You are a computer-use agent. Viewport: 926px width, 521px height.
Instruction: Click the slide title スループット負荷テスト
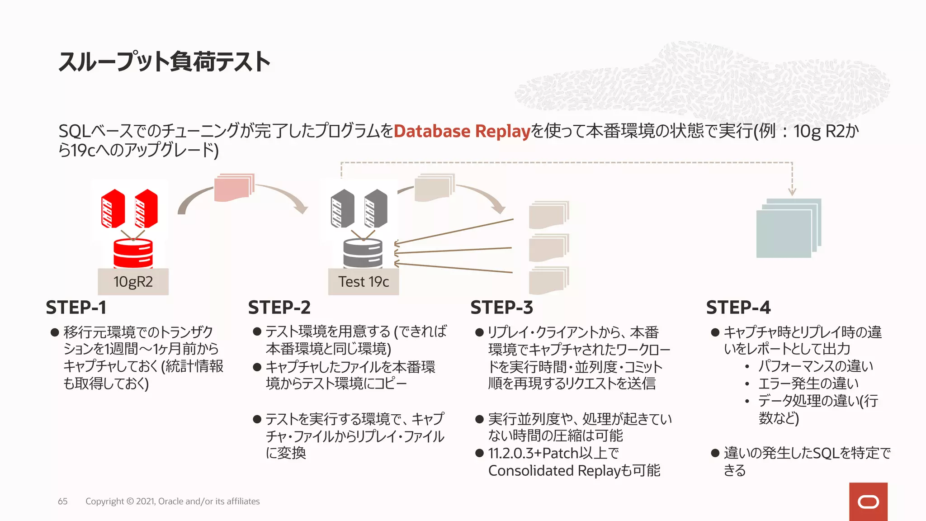(164, 62)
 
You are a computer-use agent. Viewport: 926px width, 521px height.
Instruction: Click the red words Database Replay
(462, 131)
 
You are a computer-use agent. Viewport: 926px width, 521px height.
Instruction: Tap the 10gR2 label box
(133, 282)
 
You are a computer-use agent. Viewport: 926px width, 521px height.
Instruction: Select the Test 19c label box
(364, 282)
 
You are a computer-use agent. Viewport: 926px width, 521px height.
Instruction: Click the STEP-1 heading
(76, 308)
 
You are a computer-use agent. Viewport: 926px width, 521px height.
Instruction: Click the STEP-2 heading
(279, 308)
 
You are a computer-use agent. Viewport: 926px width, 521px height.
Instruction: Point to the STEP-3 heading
(502, 308)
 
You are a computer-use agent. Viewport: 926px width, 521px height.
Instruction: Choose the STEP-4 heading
(738, 308)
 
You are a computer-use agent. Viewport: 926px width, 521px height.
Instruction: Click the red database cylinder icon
(133, 254)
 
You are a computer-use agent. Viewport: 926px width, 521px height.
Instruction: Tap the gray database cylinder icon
(363, 254)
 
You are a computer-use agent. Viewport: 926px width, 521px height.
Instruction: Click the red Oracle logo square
(868, 502)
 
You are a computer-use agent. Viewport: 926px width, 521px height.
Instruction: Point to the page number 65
(63, 501)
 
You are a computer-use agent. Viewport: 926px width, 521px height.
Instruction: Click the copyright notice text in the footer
(172, 501)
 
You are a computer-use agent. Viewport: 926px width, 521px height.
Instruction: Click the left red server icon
(113, 208)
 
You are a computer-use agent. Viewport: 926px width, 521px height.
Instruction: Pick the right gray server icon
(376, 208)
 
